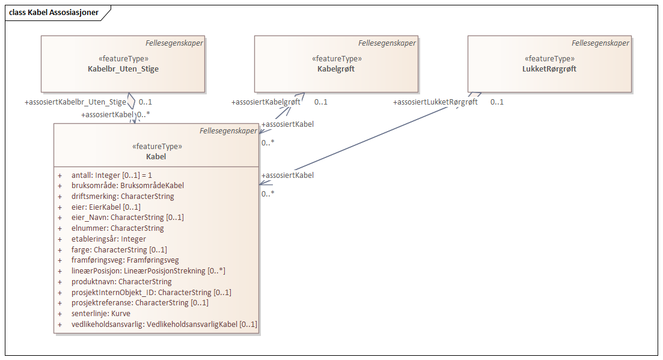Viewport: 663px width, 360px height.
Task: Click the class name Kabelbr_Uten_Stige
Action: pos(123,69)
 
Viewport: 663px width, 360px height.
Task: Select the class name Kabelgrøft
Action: pos(336,69)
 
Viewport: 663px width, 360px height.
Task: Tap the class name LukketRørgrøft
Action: pos(549,69)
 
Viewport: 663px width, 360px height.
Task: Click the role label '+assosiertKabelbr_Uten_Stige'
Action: pos(75,102)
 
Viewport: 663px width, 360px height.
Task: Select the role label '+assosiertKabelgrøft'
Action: pos(266,102)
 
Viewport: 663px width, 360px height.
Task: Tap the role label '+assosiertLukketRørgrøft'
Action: pos(435,102)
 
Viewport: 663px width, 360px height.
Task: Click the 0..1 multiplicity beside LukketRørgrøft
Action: pos(496,102)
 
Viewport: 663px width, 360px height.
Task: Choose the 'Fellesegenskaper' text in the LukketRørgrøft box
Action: pos(600,43)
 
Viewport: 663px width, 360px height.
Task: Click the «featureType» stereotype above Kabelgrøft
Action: pos(336,59)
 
